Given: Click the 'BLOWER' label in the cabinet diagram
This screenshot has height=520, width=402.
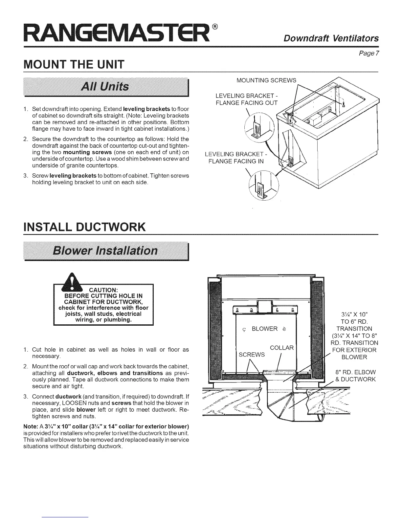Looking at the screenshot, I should point(264,329).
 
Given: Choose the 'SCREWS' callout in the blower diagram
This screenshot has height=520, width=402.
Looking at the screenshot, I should point(252,355).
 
